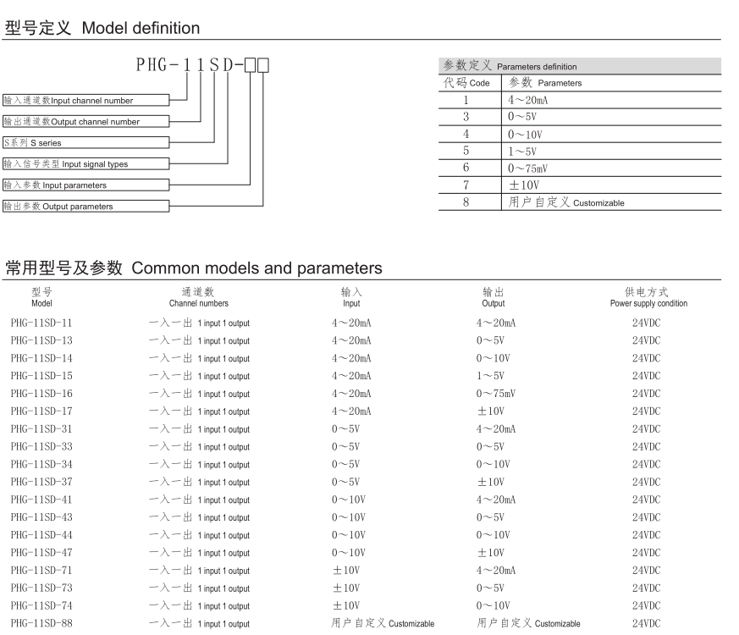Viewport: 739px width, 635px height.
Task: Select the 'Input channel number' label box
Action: pos(85,101)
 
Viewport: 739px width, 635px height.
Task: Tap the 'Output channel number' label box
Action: pos(85,122)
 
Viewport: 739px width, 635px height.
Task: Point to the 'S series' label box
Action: pos(85,143)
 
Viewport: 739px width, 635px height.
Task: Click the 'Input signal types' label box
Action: pos(85,164)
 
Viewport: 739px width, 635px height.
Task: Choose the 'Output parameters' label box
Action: pos(85,206)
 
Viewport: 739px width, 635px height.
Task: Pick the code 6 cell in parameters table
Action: pos(466,168)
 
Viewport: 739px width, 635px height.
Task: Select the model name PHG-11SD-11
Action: pos(41,323)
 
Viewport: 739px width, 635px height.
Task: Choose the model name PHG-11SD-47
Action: pos(41,553)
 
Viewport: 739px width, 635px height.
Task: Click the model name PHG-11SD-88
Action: pos(41,624)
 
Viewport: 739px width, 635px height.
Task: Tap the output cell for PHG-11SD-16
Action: pos(496,394)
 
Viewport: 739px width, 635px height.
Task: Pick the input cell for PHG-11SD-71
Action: pos(346,571)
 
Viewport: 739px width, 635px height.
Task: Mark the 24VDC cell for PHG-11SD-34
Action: pos(646,465)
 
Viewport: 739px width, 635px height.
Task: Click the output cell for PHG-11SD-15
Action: pos(490,376)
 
